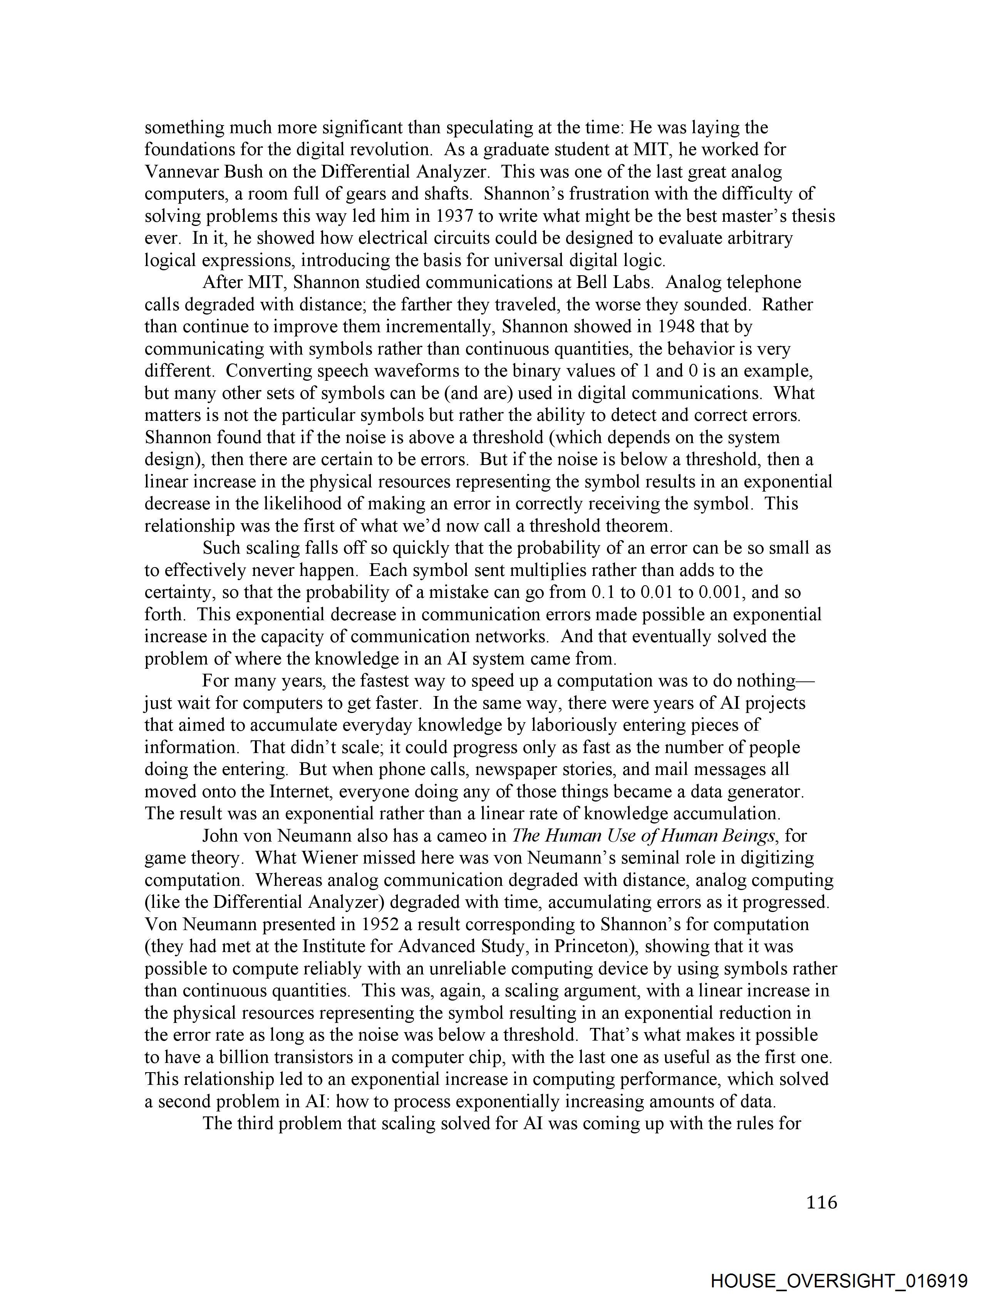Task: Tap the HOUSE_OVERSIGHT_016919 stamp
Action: (839, 1280)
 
